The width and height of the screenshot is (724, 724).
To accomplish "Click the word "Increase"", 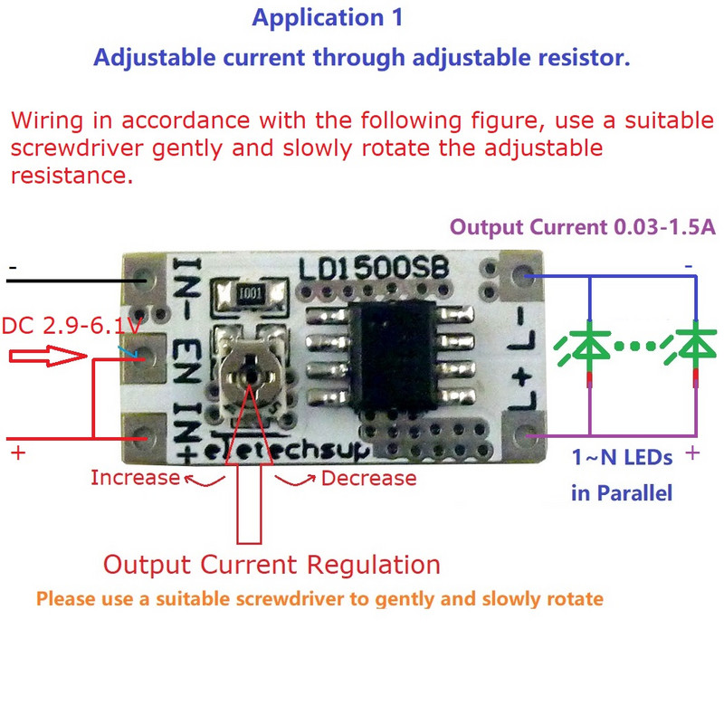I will click(135, 477).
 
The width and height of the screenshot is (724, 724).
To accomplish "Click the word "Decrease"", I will click(369, 478).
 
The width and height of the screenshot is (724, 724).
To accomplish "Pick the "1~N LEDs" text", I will click(622, 458).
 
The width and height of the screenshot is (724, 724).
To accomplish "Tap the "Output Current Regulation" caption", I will click(271, 566).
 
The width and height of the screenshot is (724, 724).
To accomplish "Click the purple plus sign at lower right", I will click(693, 451).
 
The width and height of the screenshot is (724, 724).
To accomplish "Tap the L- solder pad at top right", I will click(521, 274).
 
